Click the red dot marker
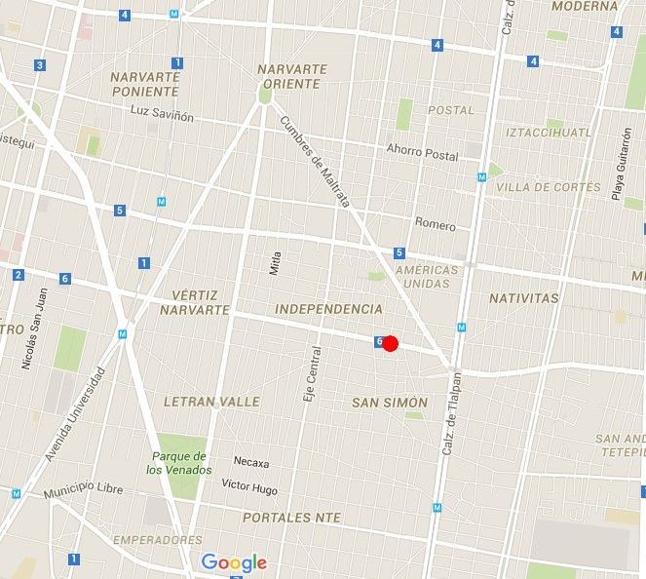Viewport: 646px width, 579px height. [391, 343]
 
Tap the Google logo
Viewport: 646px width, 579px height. [234, 562]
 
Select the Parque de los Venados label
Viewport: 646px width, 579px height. [178, 463]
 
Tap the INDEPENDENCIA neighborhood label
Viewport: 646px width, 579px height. [329, 308]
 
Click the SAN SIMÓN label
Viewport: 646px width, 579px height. [388, 403]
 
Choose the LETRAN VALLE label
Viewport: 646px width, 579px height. [211, 402]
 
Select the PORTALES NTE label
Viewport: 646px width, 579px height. [291, 518]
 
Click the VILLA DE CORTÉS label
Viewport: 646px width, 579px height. [541, 186]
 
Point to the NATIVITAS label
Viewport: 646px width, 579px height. [524, 297]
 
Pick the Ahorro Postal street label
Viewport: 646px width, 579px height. [422, 154]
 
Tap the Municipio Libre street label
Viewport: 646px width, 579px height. [82, 494]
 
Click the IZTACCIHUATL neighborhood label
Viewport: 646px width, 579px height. [549, 132]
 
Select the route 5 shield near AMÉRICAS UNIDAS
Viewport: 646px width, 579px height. [399, 253]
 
